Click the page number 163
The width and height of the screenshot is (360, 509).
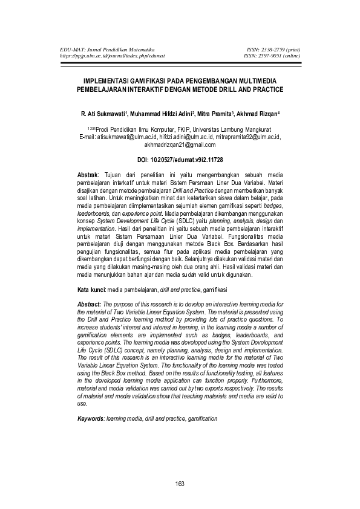180,483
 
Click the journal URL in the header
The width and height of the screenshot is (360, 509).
112,56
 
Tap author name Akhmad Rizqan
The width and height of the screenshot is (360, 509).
256,114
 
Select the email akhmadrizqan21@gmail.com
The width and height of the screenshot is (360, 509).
180,144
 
